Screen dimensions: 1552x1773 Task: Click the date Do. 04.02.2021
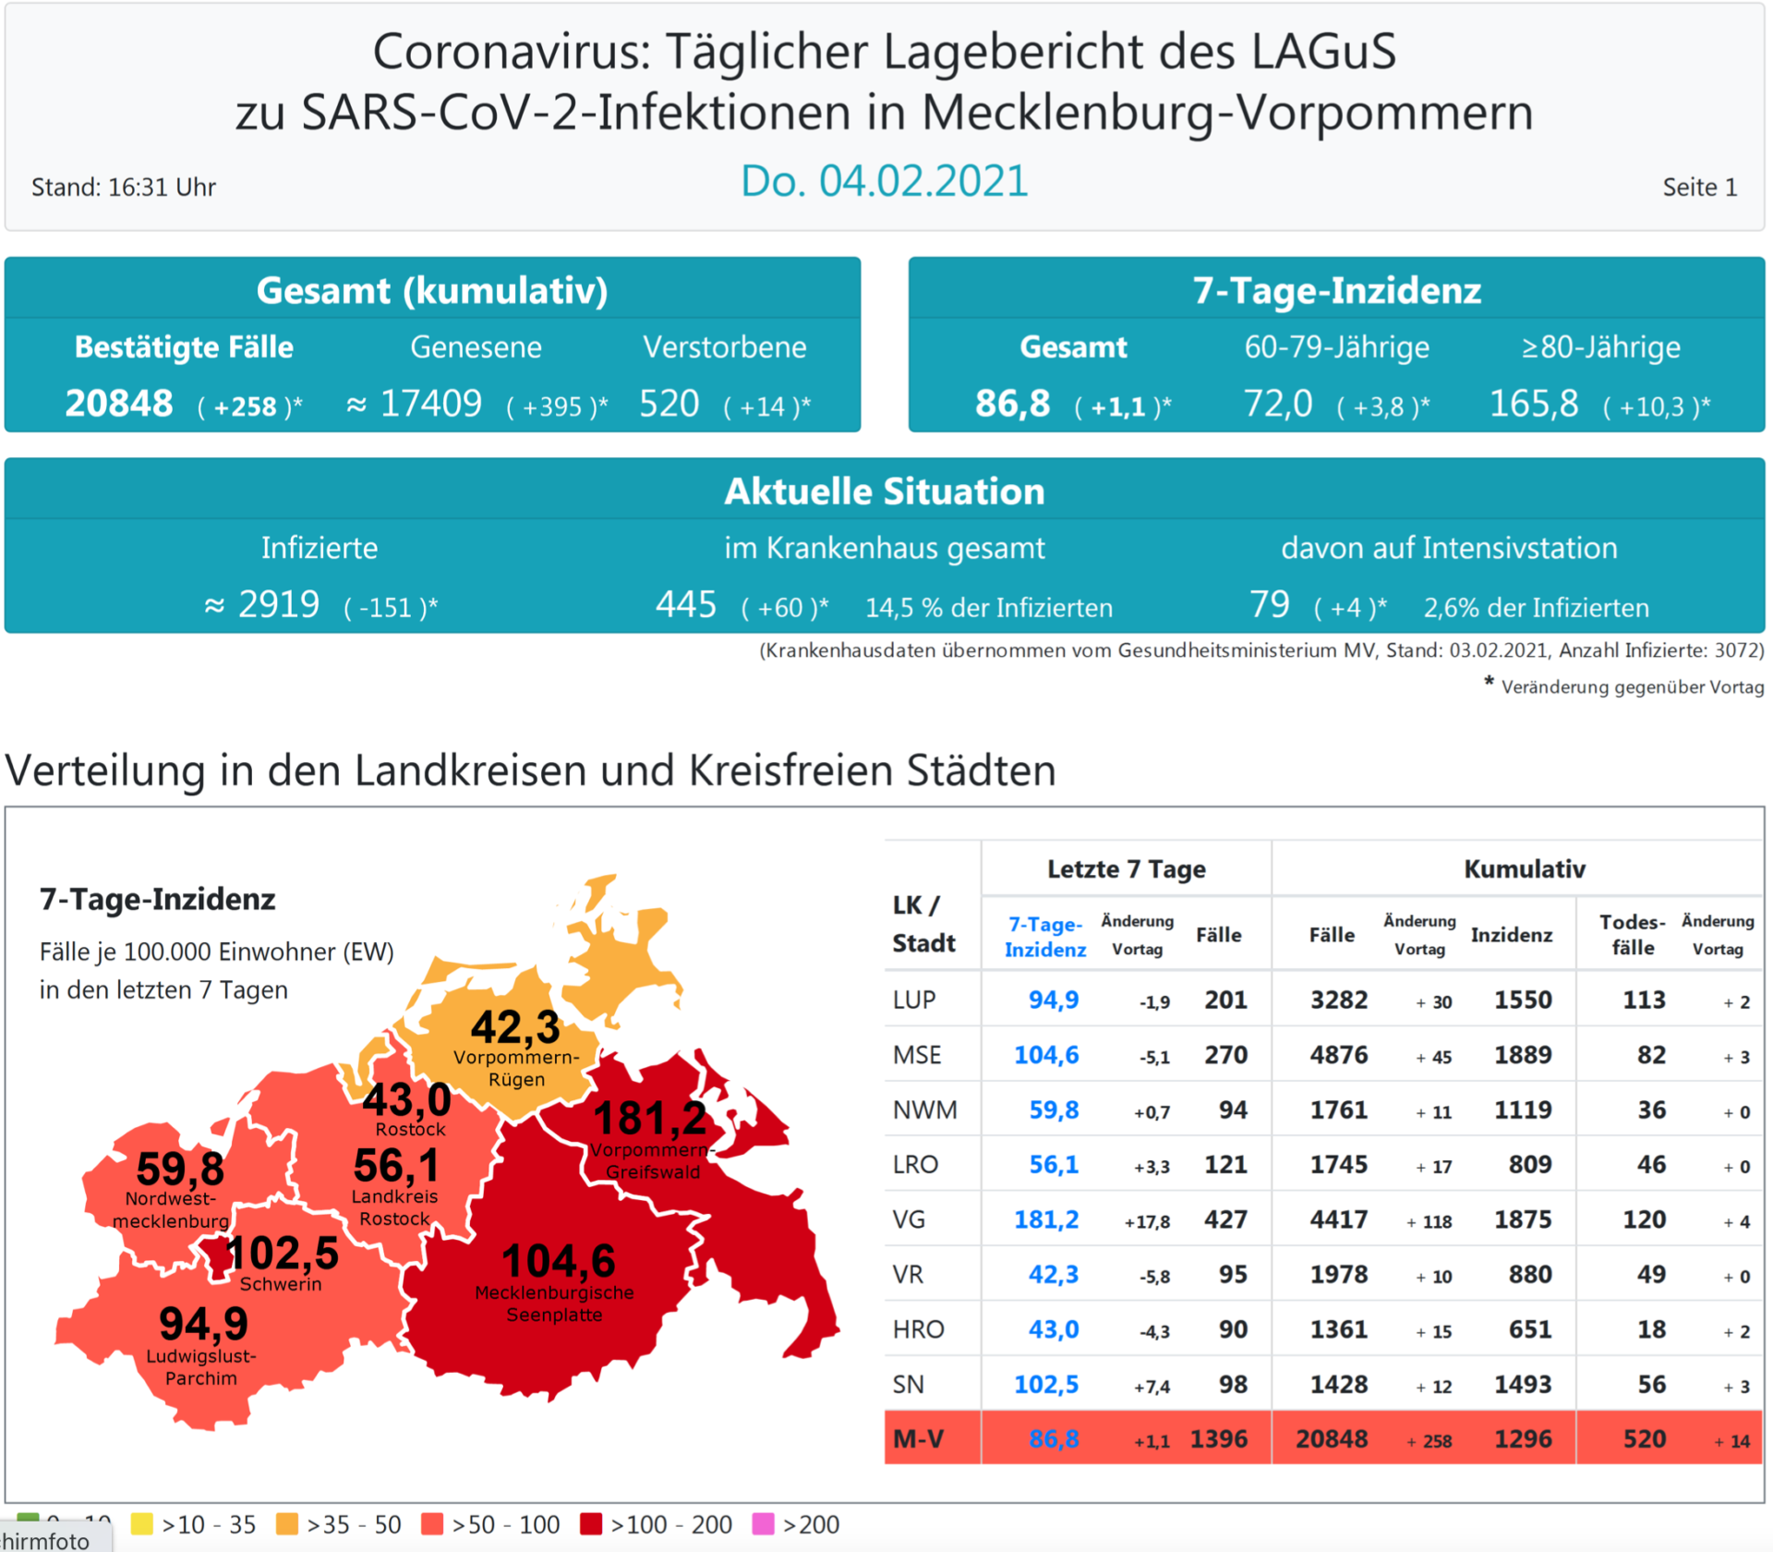click(x=884, y=181)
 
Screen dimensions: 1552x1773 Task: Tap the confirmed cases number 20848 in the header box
click(x=119, y=404)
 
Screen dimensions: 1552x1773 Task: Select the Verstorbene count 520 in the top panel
click(x=669, y=404)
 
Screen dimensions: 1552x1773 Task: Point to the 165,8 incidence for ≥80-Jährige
click(x=1534, y=404)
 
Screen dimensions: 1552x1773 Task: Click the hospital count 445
click(x=686, y=605)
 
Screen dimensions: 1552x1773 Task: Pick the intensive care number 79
click(x=1270, y=605)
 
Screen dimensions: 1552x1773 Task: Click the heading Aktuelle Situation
click(x=884, y=491)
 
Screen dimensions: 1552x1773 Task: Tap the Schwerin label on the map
click(x=281, y=1284)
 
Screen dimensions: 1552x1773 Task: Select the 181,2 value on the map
click(x=650, y=1120)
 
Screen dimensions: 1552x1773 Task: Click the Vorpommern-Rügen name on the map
click(x=516, y=1068)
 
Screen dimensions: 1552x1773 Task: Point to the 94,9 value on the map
click(x=204, y=1324)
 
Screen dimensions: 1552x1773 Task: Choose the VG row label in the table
click(x=910, y=1219)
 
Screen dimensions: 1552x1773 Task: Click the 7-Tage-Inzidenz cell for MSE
click(x=1046, y=1055)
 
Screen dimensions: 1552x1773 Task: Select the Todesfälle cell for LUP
click(x=1644, y=1000)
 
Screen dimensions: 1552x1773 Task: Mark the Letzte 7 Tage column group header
click(x=1126, y=869)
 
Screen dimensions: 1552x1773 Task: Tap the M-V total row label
click(x=919, y=1438)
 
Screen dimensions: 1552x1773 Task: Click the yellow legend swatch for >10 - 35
click(x=142, y=1524)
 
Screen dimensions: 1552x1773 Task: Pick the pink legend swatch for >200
click(x=764, y=1524)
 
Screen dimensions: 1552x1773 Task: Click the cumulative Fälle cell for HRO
click(x=1338, y=1329)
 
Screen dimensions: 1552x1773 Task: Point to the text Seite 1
click(x=1699, y=188)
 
